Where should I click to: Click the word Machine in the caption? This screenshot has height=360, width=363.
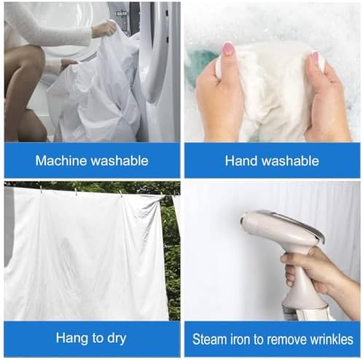tap(61, 160)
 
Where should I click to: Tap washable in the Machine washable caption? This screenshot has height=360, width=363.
tap(120, 160)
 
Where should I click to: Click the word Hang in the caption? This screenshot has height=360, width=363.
tap(72, 338)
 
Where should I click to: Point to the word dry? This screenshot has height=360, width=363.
tap(117, 338)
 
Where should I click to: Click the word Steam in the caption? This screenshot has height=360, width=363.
tap(209, 339)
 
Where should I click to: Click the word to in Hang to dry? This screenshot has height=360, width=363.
tap(98, 338)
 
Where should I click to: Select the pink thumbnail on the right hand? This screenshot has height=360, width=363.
tap(315, 58)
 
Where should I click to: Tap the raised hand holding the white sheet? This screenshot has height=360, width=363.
tap(104, 28)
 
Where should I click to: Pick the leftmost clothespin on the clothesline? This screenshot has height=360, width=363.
tap(42, 189)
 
